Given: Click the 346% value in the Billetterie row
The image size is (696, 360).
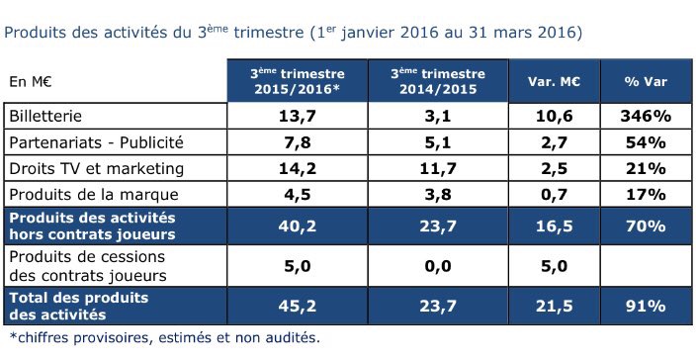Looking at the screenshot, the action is click(x=646, y=117).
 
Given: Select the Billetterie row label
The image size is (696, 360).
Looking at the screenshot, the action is click(x=45, y=117).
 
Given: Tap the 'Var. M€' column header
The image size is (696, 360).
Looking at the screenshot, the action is click(x=554, y=82).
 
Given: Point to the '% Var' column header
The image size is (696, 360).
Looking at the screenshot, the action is click(x=646, y=82).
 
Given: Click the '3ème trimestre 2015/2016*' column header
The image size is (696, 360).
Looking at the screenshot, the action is click(x=298, y=81).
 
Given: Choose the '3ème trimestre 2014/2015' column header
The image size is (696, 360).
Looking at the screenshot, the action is click(x=438, y=81).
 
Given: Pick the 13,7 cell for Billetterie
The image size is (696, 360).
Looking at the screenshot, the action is click(x=298, y=117).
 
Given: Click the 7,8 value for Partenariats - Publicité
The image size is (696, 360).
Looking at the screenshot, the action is click(x=298, y=142).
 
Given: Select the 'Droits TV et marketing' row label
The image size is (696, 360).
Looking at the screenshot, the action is click(x=96, y=169).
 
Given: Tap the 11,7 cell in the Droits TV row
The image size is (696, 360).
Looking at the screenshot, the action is click(x=438, y=169).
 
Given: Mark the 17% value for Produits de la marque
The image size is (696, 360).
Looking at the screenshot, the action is click(x=646, y=195).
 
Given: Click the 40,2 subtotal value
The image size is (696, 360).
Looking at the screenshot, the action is click(x=298, y=225).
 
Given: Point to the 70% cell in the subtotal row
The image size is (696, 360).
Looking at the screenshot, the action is click(x=646, y=225).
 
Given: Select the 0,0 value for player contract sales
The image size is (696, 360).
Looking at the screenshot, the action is click(x=438, y=266).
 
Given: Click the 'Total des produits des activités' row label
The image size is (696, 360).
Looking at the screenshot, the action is click(x=79, y=306).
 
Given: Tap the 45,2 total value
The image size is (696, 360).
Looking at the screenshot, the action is click(x=298, y=306).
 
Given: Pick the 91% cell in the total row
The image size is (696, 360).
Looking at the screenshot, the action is click(x=646, y=306).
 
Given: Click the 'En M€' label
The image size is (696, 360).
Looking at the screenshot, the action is click(x=31, y=82).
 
